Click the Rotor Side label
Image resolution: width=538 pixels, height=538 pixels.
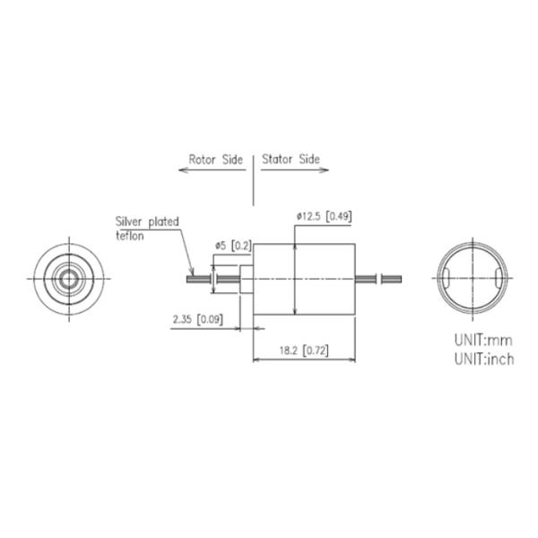tap(216, 160)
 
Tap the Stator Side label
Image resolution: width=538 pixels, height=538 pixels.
tap(291, 160)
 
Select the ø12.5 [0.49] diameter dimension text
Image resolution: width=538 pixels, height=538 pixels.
tap(325, 216)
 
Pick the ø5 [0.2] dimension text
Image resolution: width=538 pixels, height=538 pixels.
tap(233, 246)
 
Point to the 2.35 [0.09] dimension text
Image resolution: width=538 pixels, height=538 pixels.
tap(198, 319)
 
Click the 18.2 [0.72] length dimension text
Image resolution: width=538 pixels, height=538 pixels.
tap(304, 351)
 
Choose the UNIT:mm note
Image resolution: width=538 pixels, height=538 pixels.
tap(483, 340)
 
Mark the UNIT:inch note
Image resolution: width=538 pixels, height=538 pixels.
tap(484, 360)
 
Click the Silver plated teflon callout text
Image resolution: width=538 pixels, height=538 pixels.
tap(147, 229)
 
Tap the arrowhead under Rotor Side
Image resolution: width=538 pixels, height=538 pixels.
tap(183, 169)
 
